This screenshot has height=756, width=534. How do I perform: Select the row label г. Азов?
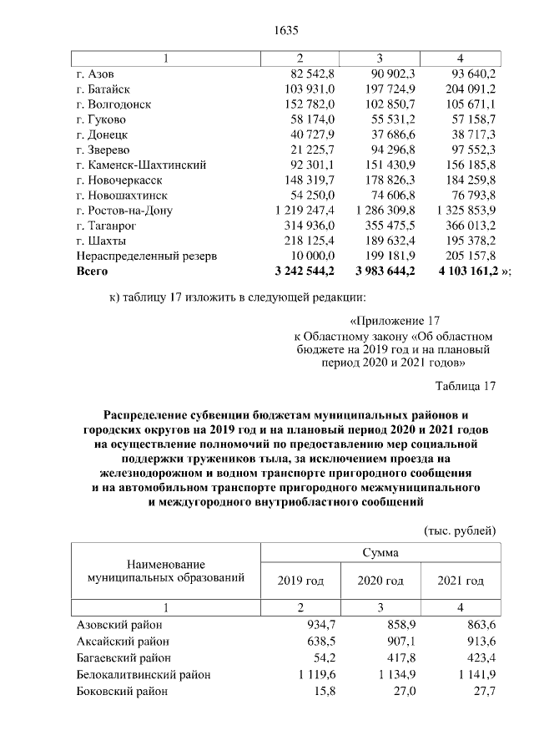point(97,74)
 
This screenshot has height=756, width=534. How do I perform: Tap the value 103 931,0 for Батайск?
point(310,89)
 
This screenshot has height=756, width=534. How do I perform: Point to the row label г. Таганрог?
point(106,225)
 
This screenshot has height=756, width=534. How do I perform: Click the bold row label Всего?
point(92,271)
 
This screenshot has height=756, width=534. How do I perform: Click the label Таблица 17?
point(466,386)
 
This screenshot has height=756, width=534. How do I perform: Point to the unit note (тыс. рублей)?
point(460,530)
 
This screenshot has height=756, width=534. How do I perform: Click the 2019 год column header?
point(300,581)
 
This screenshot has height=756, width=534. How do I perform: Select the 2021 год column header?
point(461,581)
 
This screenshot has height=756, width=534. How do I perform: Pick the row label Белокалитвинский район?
point(143,675)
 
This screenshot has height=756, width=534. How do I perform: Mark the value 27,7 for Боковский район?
point(483,692)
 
